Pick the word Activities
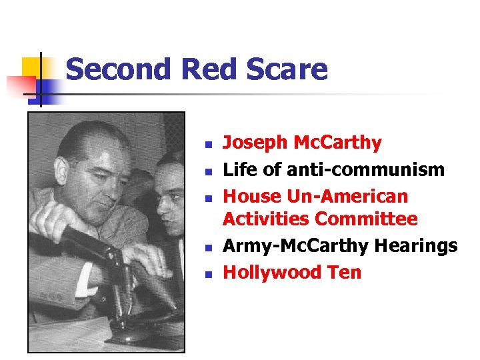click(x=267, y=219)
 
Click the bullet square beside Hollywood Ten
click(x=208, y=274)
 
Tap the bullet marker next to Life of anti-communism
click(x=208, y=171)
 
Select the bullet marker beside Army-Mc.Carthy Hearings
click(x=208, y=247)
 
